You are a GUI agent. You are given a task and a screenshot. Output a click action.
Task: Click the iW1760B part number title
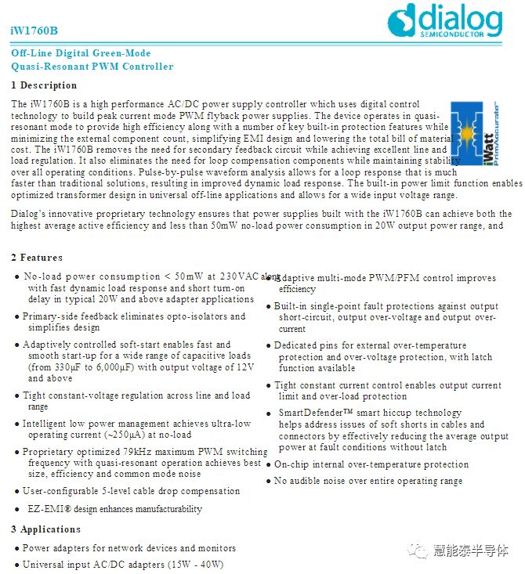34,31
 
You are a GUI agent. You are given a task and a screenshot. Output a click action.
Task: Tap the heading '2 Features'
37,258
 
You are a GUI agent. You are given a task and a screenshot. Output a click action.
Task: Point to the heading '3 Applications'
46,529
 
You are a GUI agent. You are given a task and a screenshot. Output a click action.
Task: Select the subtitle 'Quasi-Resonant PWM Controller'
92,67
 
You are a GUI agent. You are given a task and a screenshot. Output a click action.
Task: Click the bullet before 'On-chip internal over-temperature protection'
269,465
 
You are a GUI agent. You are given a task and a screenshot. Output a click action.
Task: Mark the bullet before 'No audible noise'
269,482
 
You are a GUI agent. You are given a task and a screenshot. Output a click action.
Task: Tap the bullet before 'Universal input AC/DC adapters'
17,565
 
